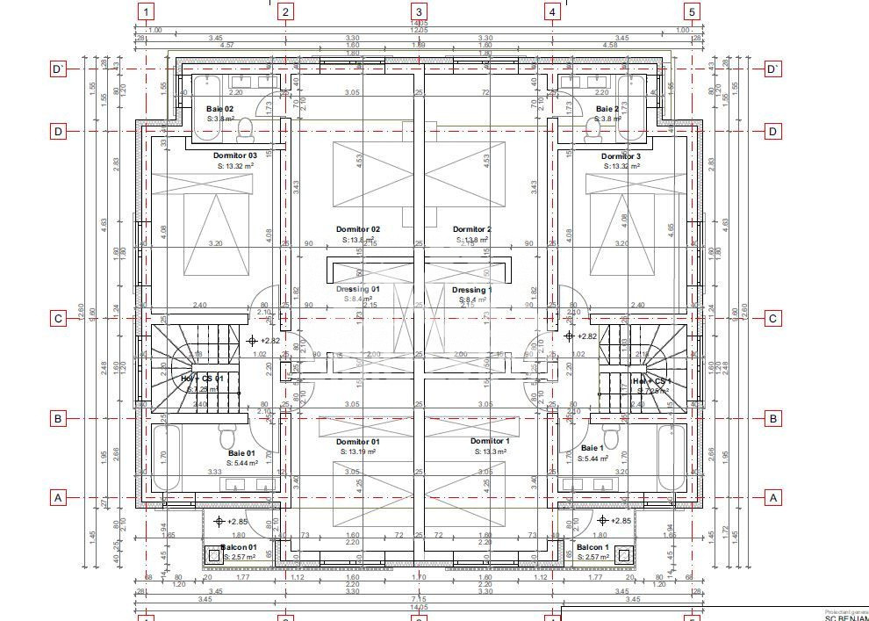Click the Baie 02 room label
[219, 109]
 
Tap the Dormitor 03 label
[235, 155]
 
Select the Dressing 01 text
[357, 289]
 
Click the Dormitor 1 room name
[489, 441]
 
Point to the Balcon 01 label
[239, 547]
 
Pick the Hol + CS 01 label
[202, 379]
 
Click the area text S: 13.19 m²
[357, 451]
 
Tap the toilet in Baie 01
[227, 437]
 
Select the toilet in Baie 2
[592, 130]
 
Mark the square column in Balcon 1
[623, 554]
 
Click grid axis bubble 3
[419, 11]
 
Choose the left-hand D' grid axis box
[58, 69]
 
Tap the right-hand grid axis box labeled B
[772, 419]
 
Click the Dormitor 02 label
[357, 229]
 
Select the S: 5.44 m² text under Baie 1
[594, 459]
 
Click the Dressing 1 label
[471, 290]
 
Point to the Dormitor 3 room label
[621, 156]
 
